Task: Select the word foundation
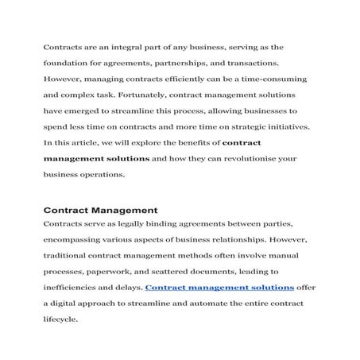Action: click(x=67, y=64)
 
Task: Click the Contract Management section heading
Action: click(x=99, y=211)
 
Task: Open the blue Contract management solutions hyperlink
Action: click(x=220, y=287)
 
